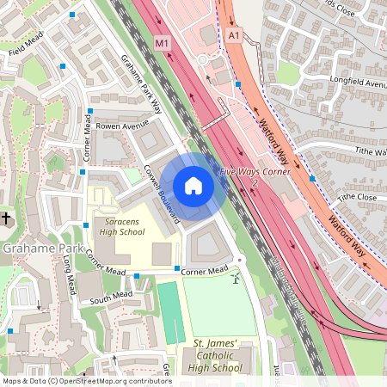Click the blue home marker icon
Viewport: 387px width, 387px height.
click(x=193, y=186)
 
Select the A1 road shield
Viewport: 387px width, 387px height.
click(x=235, y=34)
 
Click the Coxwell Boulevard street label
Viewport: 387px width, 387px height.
click(x=162, y=193)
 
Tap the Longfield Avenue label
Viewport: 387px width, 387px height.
click(x=356, y=83)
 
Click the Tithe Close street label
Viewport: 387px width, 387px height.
click(x=357, y=197)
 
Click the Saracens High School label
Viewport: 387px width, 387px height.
click(x=122, y=226)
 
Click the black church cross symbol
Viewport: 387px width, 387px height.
click(x=4, y=218)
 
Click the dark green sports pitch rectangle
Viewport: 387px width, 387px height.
click(x=170, y=311)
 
